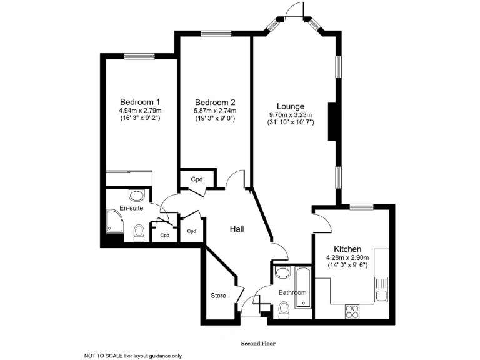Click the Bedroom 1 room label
click(140, 102)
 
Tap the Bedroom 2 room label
click(214, 102)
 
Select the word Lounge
click(291, 106)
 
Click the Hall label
click(236, 229)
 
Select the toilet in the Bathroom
click(284, 308)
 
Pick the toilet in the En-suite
click(139, 234)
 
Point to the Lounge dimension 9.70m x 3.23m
click(291, 114)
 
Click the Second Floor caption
click(258, 343)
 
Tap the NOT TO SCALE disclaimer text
click(132, 356)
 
